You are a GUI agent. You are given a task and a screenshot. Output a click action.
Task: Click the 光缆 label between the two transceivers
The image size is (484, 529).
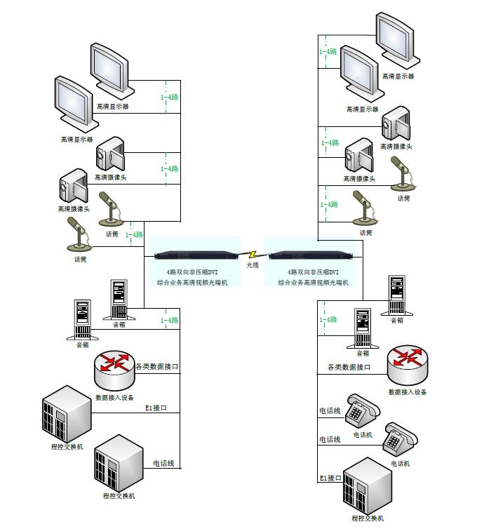253,266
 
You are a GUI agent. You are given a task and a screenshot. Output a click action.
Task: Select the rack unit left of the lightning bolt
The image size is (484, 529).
199,254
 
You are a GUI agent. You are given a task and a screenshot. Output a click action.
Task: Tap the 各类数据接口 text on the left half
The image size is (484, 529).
158,366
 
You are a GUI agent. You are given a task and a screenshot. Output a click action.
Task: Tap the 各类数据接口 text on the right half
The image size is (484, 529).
349,367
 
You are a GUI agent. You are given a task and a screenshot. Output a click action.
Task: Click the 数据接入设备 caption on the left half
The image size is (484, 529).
114,397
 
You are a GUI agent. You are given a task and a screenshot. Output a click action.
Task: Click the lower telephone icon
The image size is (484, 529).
401,439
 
